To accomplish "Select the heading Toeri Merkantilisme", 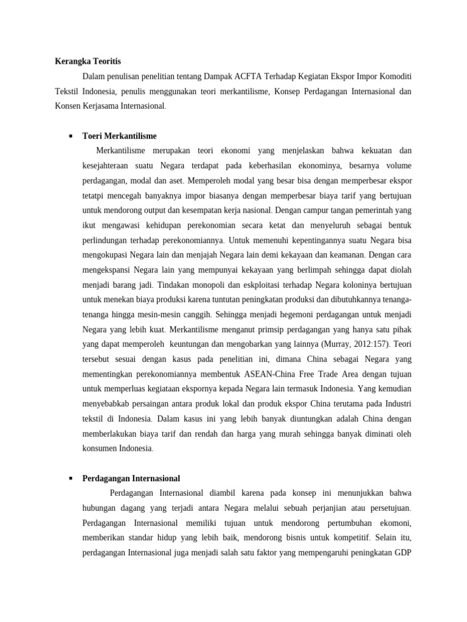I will tap(119, 136).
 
